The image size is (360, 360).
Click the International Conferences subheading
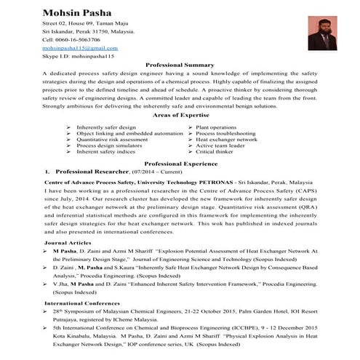79,302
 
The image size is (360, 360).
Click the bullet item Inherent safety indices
106,151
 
